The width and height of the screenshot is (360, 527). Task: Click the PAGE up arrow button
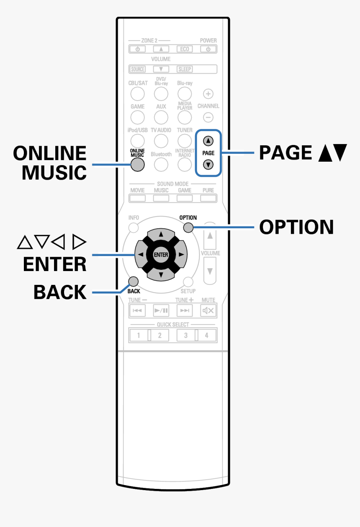[208, 141]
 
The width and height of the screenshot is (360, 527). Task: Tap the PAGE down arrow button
[208, 165]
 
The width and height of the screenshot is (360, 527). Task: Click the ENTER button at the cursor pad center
[161, 255]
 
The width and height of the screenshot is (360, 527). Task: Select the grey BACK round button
[134, 281]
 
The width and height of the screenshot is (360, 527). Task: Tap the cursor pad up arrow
[161, 234]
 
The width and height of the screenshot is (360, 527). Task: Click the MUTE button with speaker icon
[208, 311]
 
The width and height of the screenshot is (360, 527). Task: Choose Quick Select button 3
[185, 336]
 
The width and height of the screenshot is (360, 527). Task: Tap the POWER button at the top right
[208, 49]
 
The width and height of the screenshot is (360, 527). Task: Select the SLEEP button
[185, 69]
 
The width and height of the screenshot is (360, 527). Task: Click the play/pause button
[161, 311]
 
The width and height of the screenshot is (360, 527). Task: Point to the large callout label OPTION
[296, 227]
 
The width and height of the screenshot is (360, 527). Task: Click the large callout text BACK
[60, 292]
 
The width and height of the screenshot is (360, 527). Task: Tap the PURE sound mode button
[208, 198]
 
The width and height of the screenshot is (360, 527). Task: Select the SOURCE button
[138, 69]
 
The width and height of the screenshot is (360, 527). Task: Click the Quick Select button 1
[138, 336]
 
